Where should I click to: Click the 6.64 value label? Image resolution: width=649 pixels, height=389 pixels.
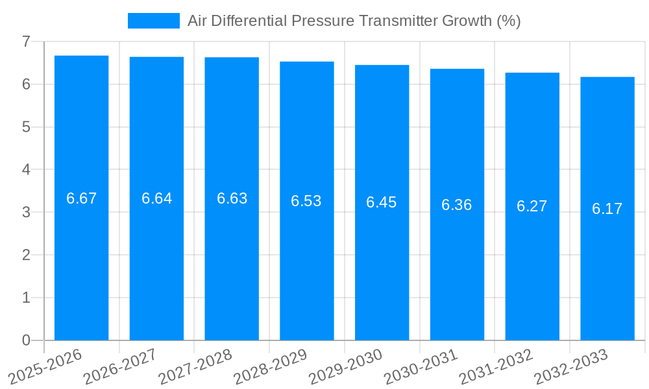pyautogui.click(x=156, y=198)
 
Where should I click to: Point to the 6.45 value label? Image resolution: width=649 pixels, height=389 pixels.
pyautogui.click(x=382, y=202)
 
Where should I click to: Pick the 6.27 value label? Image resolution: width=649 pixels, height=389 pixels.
pyautogui.click(x=532, y=206)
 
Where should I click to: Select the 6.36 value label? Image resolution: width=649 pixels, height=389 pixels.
pyautogui.click(x=457, y=205)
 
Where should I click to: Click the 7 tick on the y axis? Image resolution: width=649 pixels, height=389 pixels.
pyautogui.click(x=26, y=41)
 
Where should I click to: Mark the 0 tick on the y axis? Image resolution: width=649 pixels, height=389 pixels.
pyautogui.click(x=26, y=340)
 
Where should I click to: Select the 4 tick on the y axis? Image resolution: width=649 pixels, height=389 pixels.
pyautogui.click(x=26, y=170)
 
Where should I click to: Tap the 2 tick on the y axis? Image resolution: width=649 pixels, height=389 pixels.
pyautogui.click(x=26, y=255)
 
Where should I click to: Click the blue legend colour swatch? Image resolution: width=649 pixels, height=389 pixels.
pyautogui.click(x=154, y=21)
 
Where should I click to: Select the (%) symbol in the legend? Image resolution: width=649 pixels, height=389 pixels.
pyautogui.click(x=509, y=21)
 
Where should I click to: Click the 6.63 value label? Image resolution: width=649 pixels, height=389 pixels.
pyautogui.click(x=232, y=198)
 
